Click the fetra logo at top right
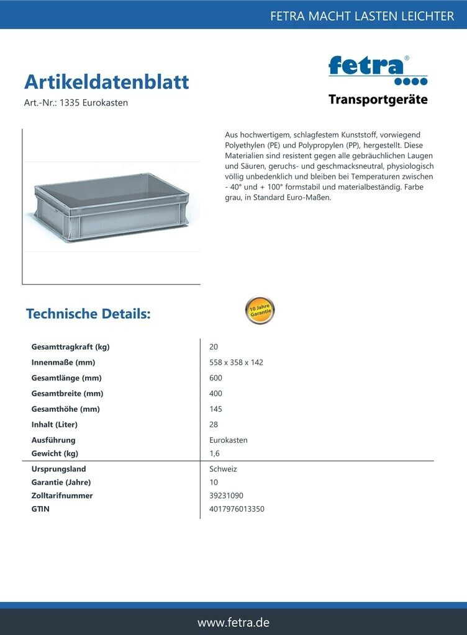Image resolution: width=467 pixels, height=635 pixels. click(x=378, y=69)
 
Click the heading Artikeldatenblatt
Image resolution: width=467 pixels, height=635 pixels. click(x=106, y=82)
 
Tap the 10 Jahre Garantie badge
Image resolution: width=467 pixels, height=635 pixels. click(x=260, y=311)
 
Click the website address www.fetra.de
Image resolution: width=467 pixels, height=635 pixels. click(x=233, y=622)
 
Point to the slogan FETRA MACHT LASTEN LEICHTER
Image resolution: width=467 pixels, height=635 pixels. click(x=362, y=16)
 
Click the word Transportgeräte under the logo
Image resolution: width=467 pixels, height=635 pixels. click(x=378, y=100)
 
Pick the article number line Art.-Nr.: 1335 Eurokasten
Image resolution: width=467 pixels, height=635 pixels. click(x=76, y=103)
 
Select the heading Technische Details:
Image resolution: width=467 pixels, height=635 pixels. click(x=88, y=314)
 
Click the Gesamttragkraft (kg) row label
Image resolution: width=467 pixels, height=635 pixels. click(x=70, y=347)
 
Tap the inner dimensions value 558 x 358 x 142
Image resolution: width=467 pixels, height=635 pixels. click(x=237, y=362)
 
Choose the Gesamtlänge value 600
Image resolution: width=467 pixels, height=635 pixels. click(x=216, y=378)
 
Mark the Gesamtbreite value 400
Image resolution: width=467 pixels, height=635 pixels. click(x=216, y=393)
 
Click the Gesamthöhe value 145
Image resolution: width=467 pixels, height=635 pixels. click(x=216, y=409)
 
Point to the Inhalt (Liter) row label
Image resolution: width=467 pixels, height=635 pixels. click(x=55, y=425)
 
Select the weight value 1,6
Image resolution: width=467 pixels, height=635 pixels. click(x=215, y=453)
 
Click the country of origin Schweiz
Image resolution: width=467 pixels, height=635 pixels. click(x=224, y=469)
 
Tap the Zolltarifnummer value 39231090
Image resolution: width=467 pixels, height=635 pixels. click(x=227, y=495)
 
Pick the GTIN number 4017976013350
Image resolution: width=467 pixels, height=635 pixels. click(x=237, y=509)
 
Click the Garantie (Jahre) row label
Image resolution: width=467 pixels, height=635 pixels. click(x=61, y=482)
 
